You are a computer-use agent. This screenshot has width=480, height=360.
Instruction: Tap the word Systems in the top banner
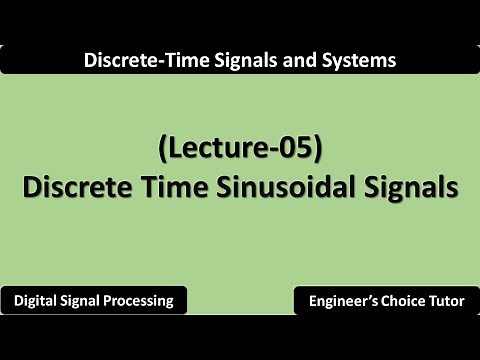pyautogui.click(x=356, y=60)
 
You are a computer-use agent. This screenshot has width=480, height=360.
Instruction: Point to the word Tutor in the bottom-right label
pyautogui.click(x=447, y=300)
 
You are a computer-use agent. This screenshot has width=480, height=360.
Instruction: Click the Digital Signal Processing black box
pyautogui.click(x=95, y=300)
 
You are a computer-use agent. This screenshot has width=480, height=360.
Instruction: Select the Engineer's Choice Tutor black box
pyautogui.click(x=385, y=300)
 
